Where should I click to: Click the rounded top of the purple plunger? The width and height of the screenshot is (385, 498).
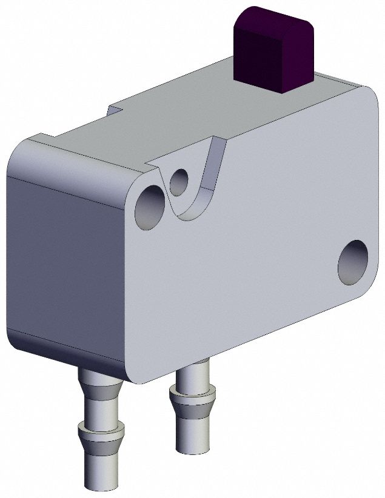click(276, 18)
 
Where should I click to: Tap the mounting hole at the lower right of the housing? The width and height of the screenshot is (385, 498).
click(353, 262)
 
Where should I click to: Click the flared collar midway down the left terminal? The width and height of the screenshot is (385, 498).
click(101, 433)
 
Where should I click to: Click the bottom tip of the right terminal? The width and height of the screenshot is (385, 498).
click(192, 447)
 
